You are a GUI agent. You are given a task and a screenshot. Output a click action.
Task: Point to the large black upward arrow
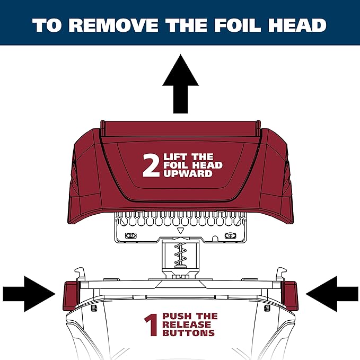(x=180, y=87)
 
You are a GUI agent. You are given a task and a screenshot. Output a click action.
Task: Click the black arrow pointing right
(x=29, y=292)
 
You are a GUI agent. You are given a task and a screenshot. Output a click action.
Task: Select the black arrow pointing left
(x=332, y=292)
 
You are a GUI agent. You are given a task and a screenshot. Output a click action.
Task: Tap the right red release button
(x=291, y=296)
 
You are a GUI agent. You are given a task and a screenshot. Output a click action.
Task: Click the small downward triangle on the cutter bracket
(x=180, y=231)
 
